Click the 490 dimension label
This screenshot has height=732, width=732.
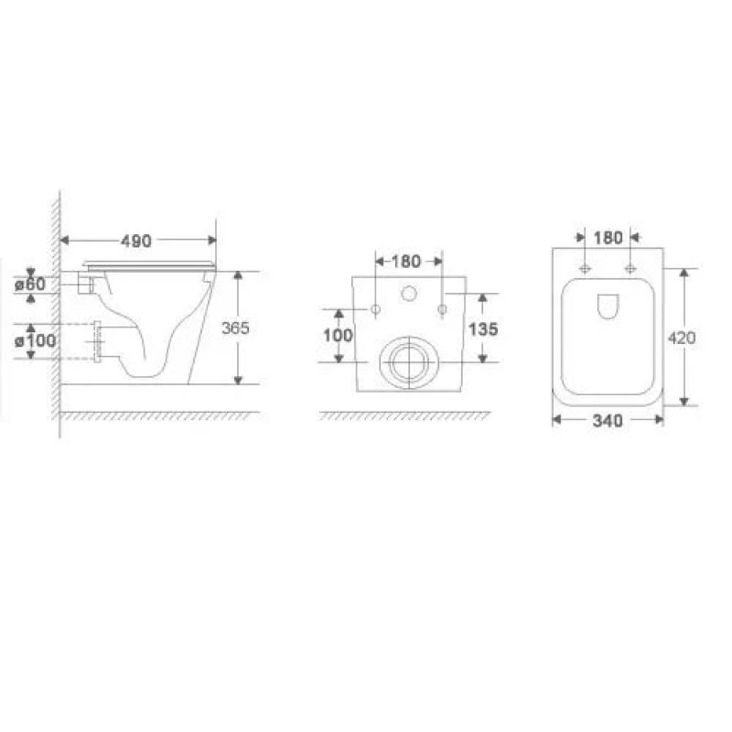pyautogui.click(x=136, y=241)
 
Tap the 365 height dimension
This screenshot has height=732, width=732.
pyautogui.click(x=235, y=328)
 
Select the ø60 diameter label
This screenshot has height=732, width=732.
pyautogui.click(x=30, y=284)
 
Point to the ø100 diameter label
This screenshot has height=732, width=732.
pyautogui.click(x=36, y=340)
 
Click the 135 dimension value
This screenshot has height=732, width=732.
pyautogui.click(x=483, y=329)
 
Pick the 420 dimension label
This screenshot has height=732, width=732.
pyautogui.click(x=682, y=338)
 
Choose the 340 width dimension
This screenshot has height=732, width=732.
pyautogui.click(x=608, y=421)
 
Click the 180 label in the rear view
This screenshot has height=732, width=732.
pyautogui.click(x=406, y=262)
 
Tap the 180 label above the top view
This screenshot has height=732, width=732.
pyautogui.click(x=608, y=238)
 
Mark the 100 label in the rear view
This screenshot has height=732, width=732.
pyautogui.click(x=338, y=335)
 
